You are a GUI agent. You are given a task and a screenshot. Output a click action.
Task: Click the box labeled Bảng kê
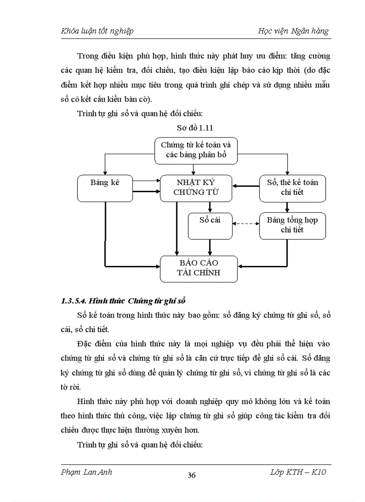click(x=105, y=188)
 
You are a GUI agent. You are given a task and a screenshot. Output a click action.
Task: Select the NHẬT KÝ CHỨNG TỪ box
click(x=196, y=188)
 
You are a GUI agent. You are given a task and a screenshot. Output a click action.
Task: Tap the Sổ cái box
click(x=210, y=225)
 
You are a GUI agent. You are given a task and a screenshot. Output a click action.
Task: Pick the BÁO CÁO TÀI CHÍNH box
click(x=199, y=267)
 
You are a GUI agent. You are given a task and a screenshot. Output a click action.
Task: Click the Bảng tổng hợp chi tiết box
click(x=293, y=225)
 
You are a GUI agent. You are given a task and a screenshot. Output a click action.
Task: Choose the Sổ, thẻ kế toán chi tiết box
click(x=293, y=188)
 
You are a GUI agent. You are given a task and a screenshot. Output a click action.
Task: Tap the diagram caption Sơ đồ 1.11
click(x=195, y=128)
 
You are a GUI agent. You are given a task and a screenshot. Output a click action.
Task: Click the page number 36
click(x=191, y=475)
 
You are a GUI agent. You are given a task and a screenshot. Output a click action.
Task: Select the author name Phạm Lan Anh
click(x=86, y=472)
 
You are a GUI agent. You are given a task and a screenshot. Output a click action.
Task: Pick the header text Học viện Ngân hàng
click(x=293, y=31)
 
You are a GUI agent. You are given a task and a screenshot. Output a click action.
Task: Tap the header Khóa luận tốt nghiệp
click(x=97, y=31)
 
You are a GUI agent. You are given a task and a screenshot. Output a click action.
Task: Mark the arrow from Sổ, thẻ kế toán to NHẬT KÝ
click(x=246, y=187)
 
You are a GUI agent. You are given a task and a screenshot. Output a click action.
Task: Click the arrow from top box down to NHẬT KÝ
click(x=194, y=169)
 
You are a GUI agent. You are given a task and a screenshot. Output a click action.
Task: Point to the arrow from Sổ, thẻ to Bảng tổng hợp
click(x=287, y=207)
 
